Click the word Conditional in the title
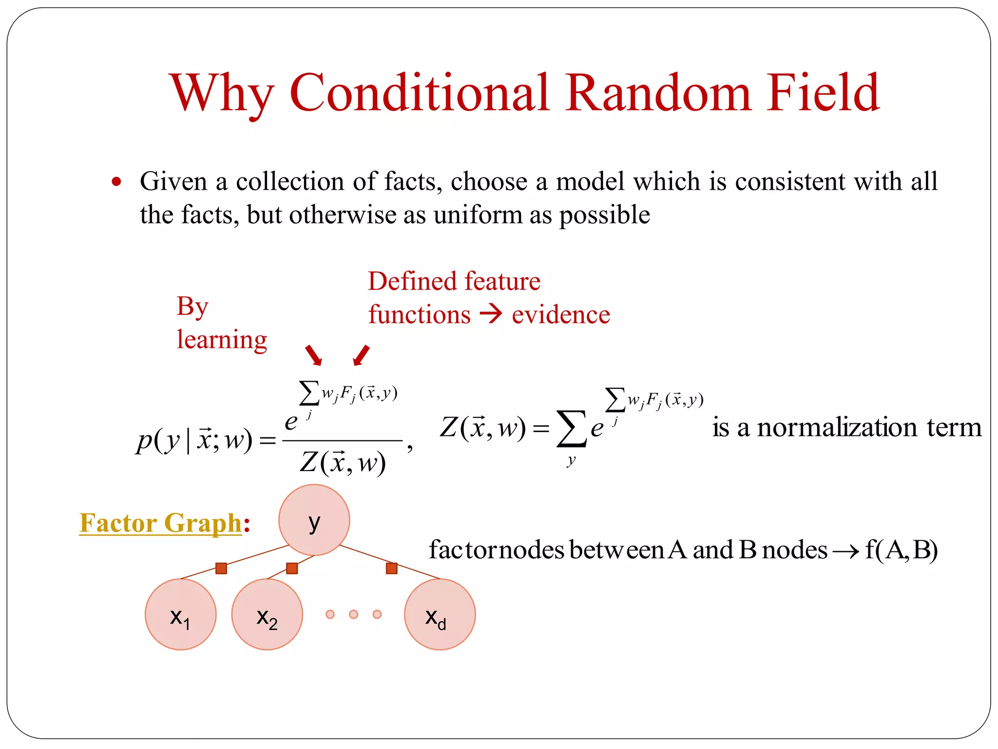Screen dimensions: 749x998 [420, 93]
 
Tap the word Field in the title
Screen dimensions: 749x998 [823, 93]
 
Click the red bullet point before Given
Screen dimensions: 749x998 [116, 182]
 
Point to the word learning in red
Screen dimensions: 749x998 [222, 340]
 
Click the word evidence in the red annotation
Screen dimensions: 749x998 [560, 315]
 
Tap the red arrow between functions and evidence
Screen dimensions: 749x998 [490, 314]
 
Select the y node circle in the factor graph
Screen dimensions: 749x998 [314, 520]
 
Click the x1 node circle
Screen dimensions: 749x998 [181, 614]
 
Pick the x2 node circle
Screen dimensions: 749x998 [267, 614]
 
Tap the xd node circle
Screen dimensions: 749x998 [440, 614]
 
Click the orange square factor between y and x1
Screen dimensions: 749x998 [221, 568]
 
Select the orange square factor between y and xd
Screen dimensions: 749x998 [391, 568]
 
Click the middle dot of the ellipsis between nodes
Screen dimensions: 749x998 [354, 614]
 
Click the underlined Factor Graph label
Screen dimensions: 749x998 [160, 523]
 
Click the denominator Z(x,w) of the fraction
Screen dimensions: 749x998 [343, 462]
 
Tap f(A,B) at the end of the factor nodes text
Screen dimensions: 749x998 [901, 550]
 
